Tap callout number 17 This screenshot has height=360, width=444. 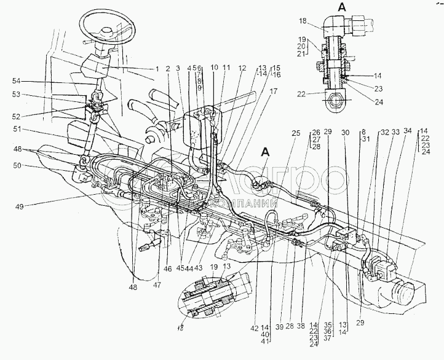pos(273,91)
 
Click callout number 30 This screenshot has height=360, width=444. pos(346,131)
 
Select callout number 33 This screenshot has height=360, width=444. pos(395,131)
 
